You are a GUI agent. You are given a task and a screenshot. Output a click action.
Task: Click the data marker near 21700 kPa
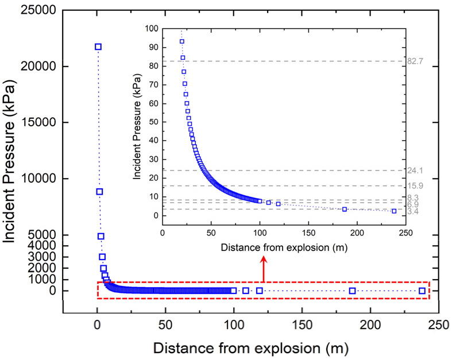point(98,47)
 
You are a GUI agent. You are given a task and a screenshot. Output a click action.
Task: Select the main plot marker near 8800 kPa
point(99,192)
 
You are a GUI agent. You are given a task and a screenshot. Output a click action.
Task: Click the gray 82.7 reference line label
point(415,61)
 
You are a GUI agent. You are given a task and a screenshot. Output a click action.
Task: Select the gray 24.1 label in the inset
point(415,171)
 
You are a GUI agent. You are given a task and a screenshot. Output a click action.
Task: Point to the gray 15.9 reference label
point(415,186)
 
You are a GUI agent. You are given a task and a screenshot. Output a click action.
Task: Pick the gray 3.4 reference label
point(414,212)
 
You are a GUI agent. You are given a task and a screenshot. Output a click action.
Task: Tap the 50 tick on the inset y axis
point(152,122)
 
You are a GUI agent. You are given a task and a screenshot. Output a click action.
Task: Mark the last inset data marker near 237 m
point(394,211)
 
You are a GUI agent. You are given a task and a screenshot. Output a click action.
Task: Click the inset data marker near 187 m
point(345,209)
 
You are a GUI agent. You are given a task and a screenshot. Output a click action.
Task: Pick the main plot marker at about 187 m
point(353,291)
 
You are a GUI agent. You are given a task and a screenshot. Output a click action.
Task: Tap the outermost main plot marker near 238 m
point(422,291)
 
